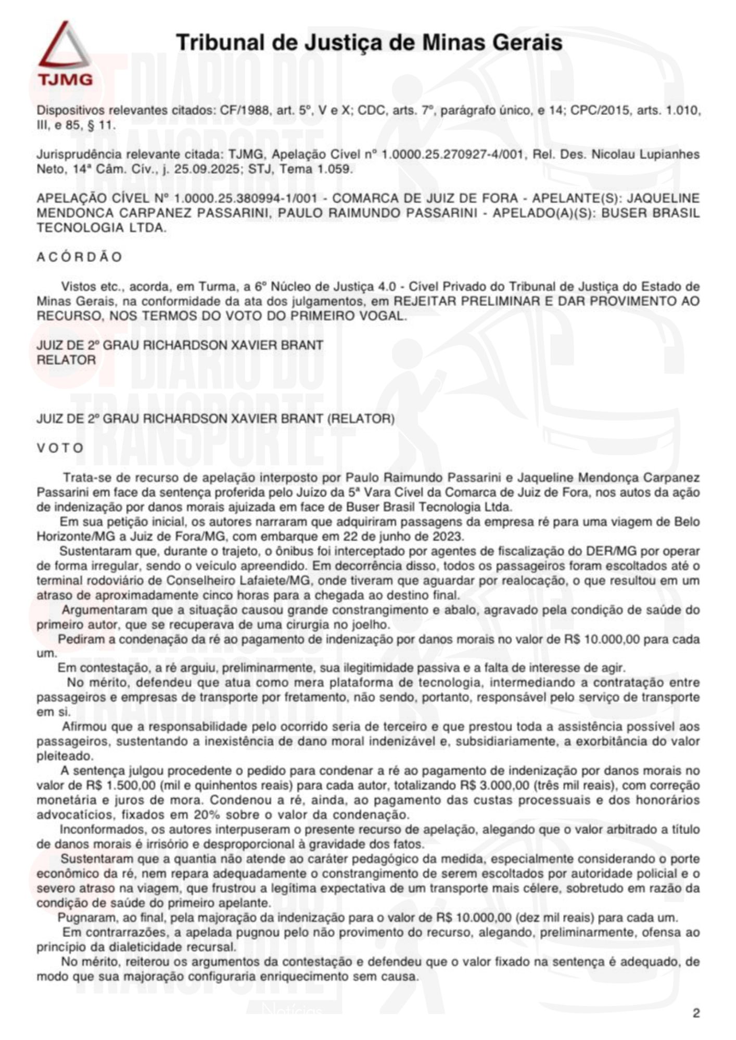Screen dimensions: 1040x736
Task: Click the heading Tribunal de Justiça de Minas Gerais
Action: (x=369, y=42)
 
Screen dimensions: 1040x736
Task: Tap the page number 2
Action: (x=696, y=1013)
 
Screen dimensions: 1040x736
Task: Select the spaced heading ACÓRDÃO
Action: (x=79, y=257)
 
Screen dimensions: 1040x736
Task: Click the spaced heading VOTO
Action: (x=60, y=448)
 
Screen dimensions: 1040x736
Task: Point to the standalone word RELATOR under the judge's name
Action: (x=66, y=360)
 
